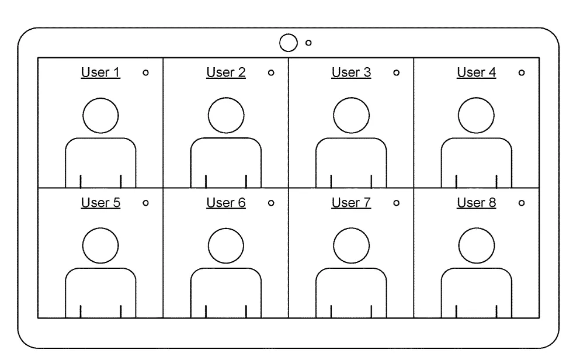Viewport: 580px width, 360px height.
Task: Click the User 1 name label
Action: tap(100, 72)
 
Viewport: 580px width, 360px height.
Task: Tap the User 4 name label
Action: tap(477, 72)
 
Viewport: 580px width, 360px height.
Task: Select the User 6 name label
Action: tap(226, 203)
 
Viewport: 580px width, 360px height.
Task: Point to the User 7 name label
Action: tap(351, 203)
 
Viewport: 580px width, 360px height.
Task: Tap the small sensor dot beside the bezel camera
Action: tap(308, 43)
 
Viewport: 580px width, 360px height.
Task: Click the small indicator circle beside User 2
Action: tap(271, 73)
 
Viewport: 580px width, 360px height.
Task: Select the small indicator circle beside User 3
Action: tap(396, 73)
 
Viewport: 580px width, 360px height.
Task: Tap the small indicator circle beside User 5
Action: tap(146, 203)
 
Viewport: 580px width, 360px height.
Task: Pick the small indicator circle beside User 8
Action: tap(522, 203)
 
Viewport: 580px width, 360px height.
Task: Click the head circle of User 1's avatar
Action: tap(100, 98)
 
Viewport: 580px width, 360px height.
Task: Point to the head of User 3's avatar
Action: tap(351, 98)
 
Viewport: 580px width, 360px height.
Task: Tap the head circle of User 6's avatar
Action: tap(226, 229)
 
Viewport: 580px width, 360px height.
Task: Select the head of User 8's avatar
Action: tap(477, 229)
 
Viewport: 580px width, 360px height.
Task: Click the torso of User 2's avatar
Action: tap(226, 139)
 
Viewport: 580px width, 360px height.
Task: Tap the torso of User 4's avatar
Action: tap(477, 139)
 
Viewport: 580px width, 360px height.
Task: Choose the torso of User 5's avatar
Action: tap(100, 269)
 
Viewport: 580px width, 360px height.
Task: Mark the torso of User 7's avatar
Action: tap(351, 269)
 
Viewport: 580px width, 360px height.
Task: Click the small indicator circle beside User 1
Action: tap(146, 73)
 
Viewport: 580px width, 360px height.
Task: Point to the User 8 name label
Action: tap(477, 203)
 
